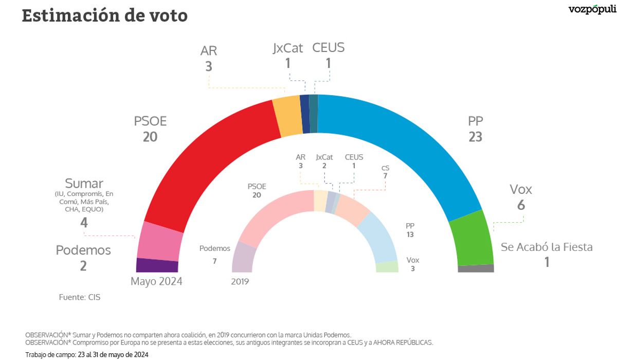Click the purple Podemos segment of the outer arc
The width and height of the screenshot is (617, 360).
157,265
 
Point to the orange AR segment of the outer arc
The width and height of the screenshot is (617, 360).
287,116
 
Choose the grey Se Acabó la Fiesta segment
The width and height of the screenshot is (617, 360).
476,268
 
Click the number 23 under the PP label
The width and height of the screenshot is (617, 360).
475,137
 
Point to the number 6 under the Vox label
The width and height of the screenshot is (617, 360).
521,205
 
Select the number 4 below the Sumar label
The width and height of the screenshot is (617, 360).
84,223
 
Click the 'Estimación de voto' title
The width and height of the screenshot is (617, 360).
104,15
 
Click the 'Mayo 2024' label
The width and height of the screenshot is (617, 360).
156,281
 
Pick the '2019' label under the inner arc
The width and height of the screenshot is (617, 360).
240,281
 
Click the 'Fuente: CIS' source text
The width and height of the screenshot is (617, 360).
80,297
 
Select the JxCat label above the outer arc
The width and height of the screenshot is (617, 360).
288,48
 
